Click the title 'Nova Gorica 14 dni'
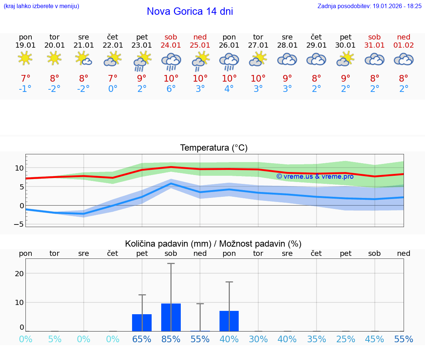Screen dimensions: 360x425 pos(190,11)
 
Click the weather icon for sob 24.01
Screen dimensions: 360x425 pos(171,61)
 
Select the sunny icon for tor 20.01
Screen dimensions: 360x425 pos(54,58)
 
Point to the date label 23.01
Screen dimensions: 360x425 pos(142,45)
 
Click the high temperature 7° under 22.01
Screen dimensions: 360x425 pos(113,79)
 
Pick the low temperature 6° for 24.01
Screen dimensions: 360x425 pos(171,89)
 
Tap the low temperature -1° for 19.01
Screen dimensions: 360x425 pos(25,89)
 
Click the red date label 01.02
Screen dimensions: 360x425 pos(404,45)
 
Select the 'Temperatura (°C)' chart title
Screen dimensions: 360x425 pos(214,148)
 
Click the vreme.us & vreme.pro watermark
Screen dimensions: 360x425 pos(315,176)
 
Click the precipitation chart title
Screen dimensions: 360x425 pos(213,244)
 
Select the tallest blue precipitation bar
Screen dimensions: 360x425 pos(171,317)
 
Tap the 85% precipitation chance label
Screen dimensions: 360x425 pos(171,339)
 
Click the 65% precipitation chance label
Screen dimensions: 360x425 pos(142,339)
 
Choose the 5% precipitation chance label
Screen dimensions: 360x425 pos(55,339)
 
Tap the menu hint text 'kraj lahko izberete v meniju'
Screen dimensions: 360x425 pos(41,6)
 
